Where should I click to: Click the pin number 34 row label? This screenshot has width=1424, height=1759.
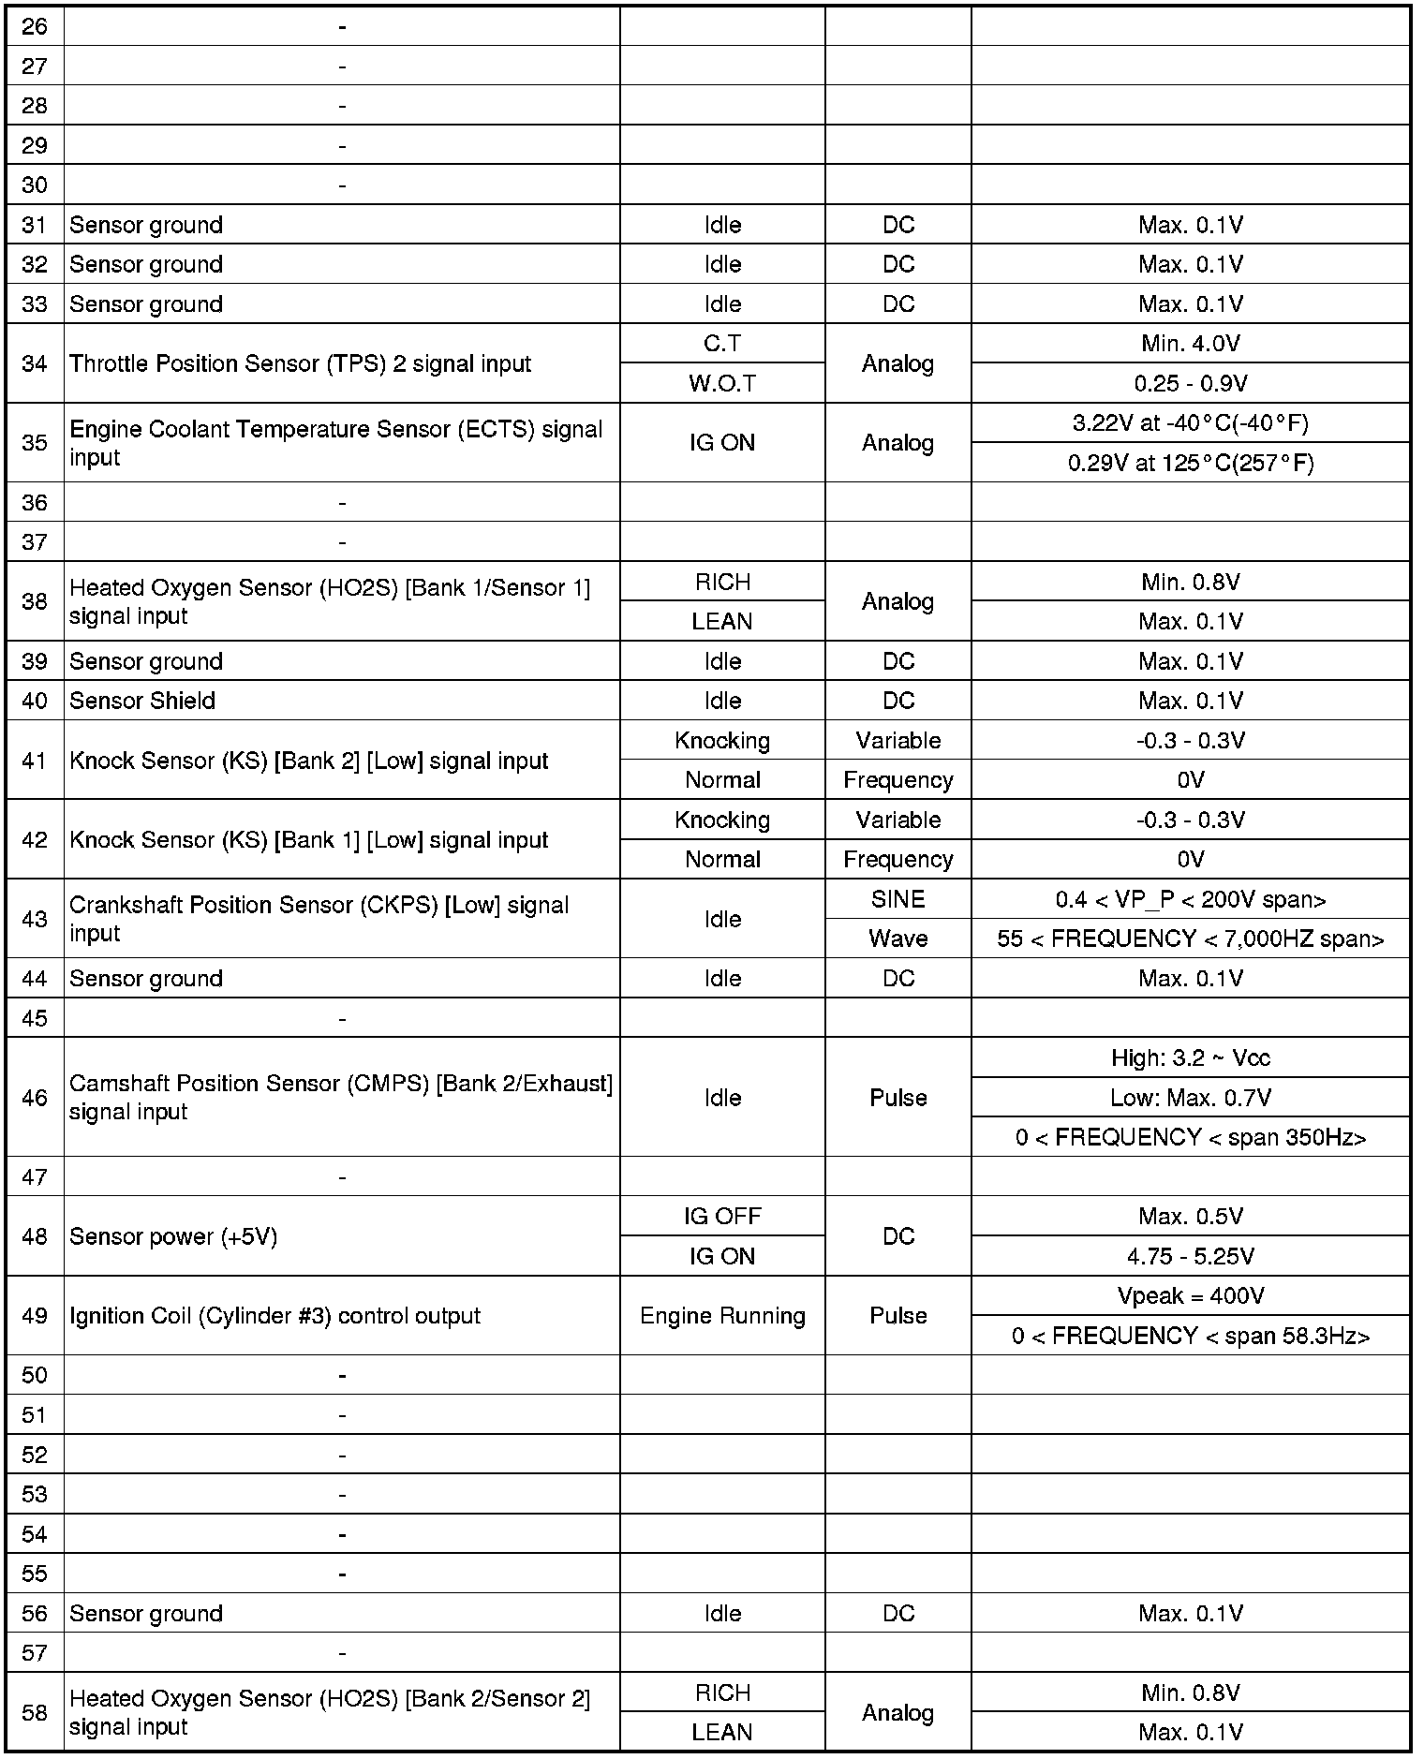click(35, 363)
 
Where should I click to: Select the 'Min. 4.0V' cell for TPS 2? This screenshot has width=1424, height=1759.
click(1190, 344)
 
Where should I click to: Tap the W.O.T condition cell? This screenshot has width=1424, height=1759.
click(721, 383)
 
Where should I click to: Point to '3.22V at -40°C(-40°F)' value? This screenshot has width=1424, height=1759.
click(1190, 423)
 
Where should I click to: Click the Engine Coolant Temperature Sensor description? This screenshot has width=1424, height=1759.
click(335, 443)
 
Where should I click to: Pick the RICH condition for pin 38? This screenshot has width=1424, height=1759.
click(721, 582)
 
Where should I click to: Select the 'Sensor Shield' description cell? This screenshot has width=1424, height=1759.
click(142, 701)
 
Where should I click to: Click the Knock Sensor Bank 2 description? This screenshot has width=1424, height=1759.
click(308, 761)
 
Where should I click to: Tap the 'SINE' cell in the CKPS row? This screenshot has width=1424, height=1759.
click(897, 899)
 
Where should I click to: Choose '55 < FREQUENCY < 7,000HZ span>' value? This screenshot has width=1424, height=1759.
click(1190, 939)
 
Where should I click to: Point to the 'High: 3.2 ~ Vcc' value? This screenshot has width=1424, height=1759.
click(1190, 1057)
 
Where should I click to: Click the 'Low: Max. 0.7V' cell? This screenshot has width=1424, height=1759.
click(1190, 1098)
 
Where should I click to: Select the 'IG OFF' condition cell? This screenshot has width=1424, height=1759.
click(721, 1216)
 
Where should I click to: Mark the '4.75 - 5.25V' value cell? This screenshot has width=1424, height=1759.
click(1190, 1256)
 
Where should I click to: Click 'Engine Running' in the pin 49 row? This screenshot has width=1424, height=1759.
click(721, 1316)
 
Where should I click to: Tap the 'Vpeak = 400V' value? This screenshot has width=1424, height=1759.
click(1190, 1295)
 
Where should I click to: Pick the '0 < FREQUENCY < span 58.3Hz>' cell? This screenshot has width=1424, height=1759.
click(1190, 1336)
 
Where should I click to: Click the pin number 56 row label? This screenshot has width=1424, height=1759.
click(35, 1613)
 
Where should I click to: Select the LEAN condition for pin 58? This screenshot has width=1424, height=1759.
click(721, 1732)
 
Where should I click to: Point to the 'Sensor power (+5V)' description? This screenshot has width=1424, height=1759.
click(173, 1236)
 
